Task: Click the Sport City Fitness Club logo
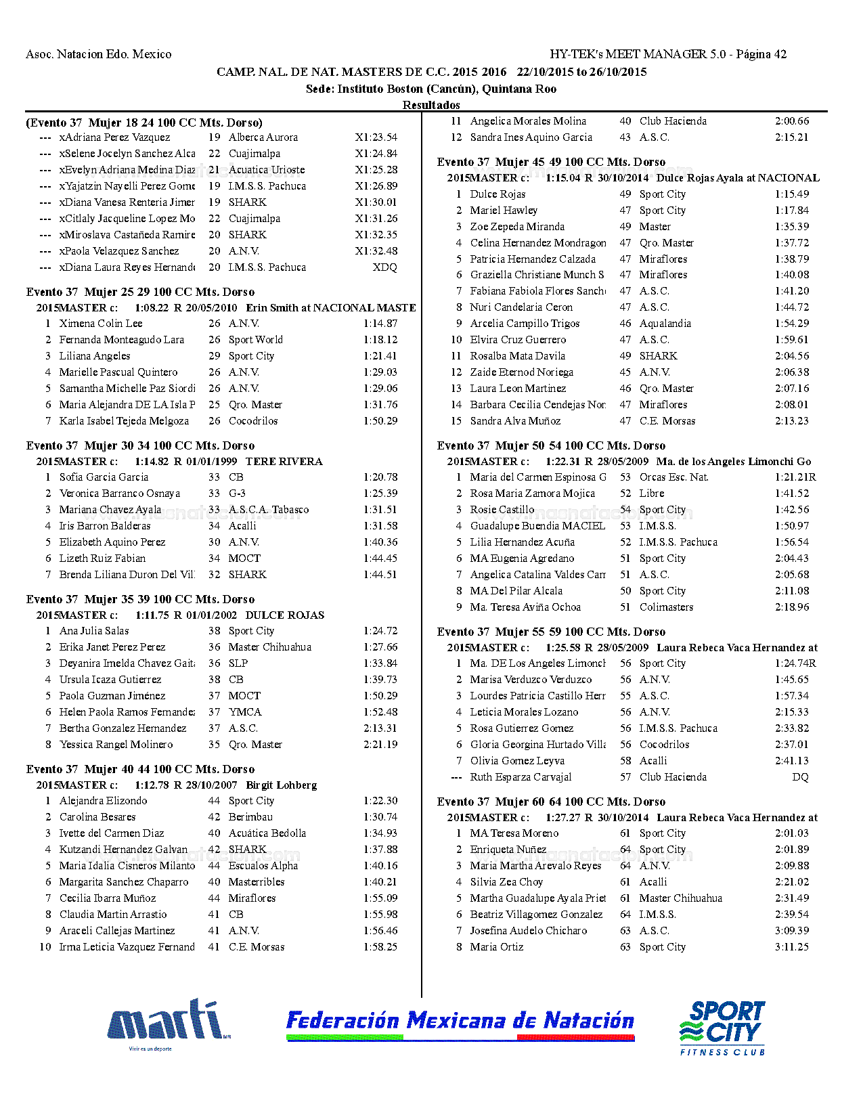pos(722,1027)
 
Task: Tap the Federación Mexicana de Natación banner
pos(460,1022)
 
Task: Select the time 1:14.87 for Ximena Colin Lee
pos(380,324)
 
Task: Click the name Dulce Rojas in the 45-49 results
pos(497,194)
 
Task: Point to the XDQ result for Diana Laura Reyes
pos(384,267)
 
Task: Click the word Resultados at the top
pos(431,105)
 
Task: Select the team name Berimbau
pos(250,817)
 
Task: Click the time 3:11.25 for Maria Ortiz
pos(791,947)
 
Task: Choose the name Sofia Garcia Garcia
pos(104,477)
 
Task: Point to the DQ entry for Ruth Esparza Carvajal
pos(800,777)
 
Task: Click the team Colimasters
pos(666,607)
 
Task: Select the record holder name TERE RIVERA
pos(284,462)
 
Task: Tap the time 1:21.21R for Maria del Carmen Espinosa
pos(795,477)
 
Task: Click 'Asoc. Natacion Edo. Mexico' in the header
pos(99,54)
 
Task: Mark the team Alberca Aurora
pos(263,137)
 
